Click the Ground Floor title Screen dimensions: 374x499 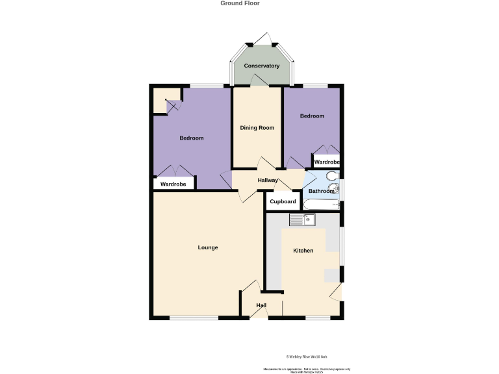coord(240,3)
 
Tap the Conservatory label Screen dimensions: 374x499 coord(261,66)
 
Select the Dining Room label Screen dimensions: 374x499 coord(257,128)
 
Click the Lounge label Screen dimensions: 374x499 coord(208,247)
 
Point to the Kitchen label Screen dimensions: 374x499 coord(303,251)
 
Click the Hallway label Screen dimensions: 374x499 coord(268,181)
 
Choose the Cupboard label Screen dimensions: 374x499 coord(283,202)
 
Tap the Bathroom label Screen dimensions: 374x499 coord(321,192)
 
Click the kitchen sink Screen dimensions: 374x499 coord(301,220)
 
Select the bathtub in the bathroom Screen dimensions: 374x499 coord(322,205)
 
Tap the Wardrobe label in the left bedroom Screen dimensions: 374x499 coord(173,184)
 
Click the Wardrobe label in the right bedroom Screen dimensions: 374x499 coord(327,162)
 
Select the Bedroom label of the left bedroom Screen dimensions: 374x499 coord(192,138)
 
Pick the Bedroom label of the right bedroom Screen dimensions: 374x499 coord(312,116)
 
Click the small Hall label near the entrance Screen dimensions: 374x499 coord(261,305)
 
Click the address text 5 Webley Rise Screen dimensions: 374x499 coord(311,356)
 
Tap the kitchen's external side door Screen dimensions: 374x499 coord(337,293)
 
